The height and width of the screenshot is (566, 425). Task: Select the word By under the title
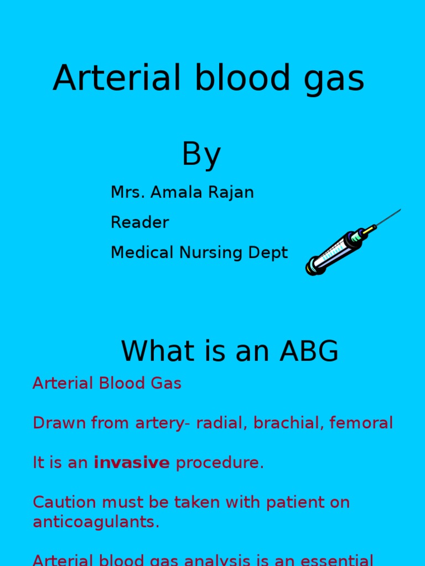[x=201, y=154]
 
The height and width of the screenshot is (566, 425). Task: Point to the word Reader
[x=139, y=222]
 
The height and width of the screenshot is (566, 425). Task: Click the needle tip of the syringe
[x=399, y=211]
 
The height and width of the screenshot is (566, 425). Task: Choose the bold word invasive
[x=132, y=463]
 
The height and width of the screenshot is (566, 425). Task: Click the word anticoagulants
[x=96, y=522]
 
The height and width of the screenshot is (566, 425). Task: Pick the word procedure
[x=219, y=463]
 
